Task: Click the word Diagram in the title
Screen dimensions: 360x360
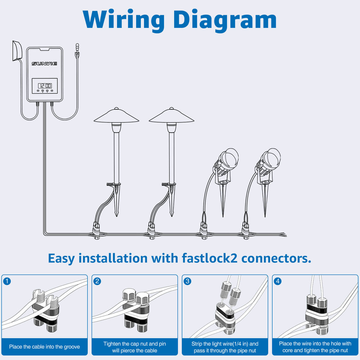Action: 225,20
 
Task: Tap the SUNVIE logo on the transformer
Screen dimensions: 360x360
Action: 44,63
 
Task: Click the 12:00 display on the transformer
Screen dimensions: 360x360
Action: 45,86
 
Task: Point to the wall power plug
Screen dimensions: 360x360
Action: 17,51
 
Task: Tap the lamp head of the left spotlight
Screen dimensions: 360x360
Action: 228,159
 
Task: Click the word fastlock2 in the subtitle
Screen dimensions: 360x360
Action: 209,258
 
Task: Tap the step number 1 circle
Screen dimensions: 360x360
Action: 7,281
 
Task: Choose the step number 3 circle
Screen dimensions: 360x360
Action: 187,281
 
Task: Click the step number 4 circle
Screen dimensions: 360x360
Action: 278,281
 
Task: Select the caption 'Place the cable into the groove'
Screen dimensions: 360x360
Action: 44,347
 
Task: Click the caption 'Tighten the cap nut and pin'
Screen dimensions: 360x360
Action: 135,344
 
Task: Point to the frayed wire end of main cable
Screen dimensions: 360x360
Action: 283,235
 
